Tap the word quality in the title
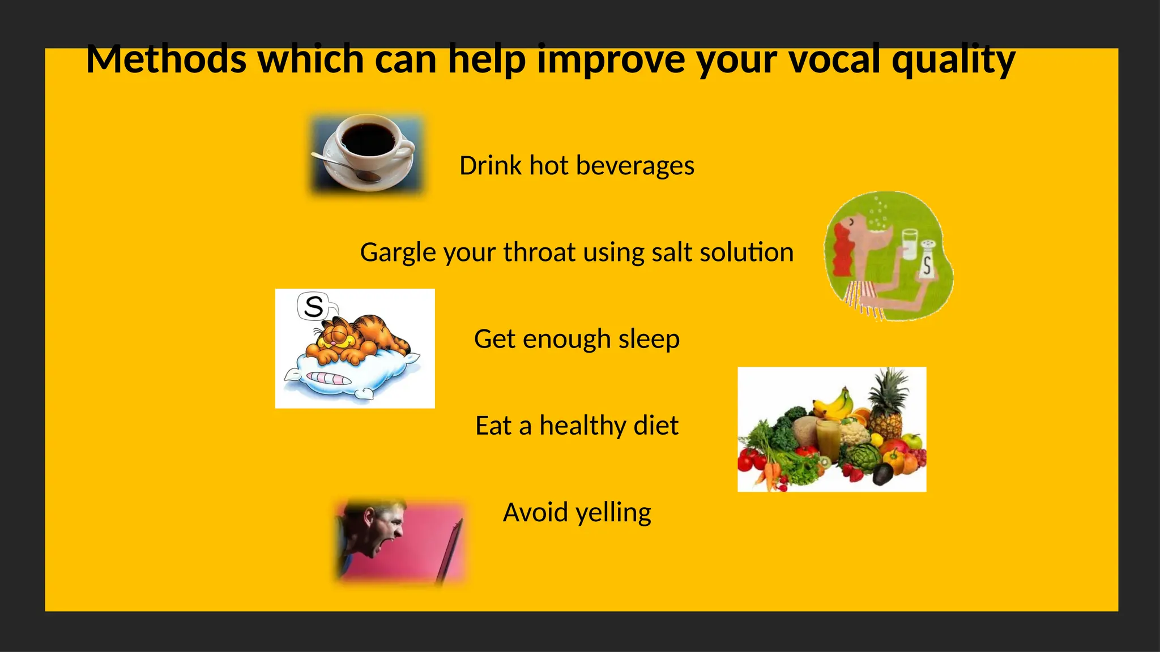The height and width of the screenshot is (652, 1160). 953,60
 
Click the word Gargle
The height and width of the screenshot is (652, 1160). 399,253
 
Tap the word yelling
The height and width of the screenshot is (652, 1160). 613,513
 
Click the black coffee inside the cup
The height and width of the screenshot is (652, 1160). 369,139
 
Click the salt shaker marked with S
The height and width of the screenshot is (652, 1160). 927,260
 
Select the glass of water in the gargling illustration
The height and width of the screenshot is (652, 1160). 910,243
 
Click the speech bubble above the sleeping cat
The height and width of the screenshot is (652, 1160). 313,306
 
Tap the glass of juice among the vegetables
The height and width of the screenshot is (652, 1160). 828,439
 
